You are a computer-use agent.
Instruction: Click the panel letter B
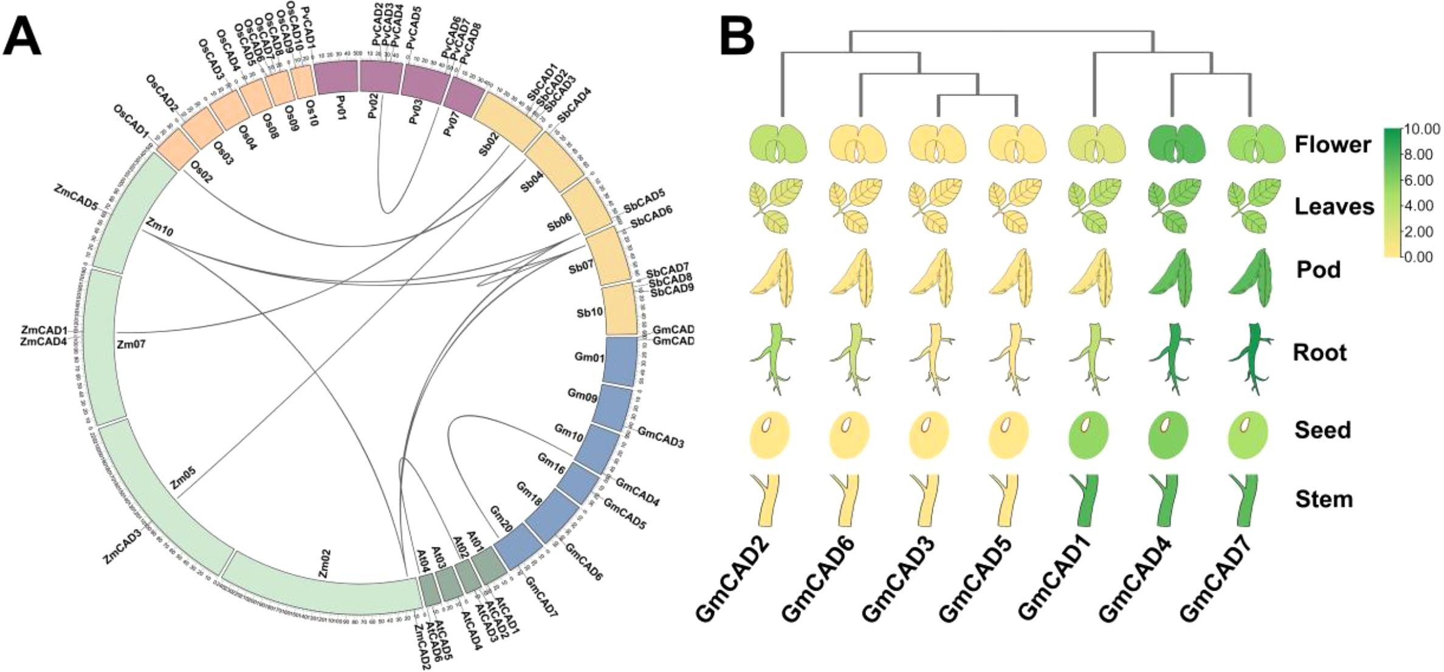tap(737, 36)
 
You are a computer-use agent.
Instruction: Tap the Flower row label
tap(1333, 145)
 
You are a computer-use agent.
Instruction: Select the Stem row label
tap(1324, 499)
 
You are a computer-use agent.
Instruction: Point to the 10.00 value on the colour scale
tap(1420, 129)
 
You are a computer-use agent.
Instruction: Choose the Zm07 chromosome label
tap(131, 345)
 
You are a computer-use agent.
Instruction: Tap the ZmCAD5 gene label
tap(77, 197)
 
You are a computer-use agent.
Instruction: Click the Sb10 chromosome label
tap(590, 312)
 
